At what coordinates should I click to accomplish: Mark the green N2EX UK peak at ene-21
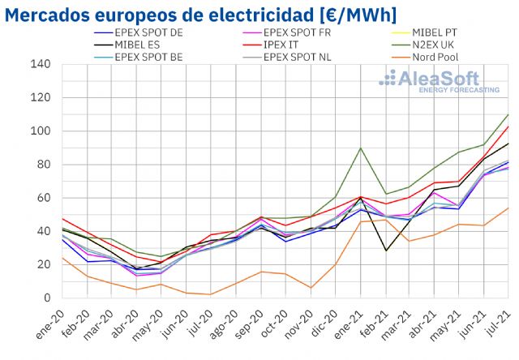(361, 148)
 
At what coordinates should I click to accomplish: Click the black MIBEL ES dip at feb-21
(385, 251)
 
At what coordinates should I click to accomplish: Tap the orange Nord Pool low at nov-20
(311, 288)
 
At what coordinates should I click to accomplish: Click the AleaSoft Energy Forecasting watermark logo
(439, 81)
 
